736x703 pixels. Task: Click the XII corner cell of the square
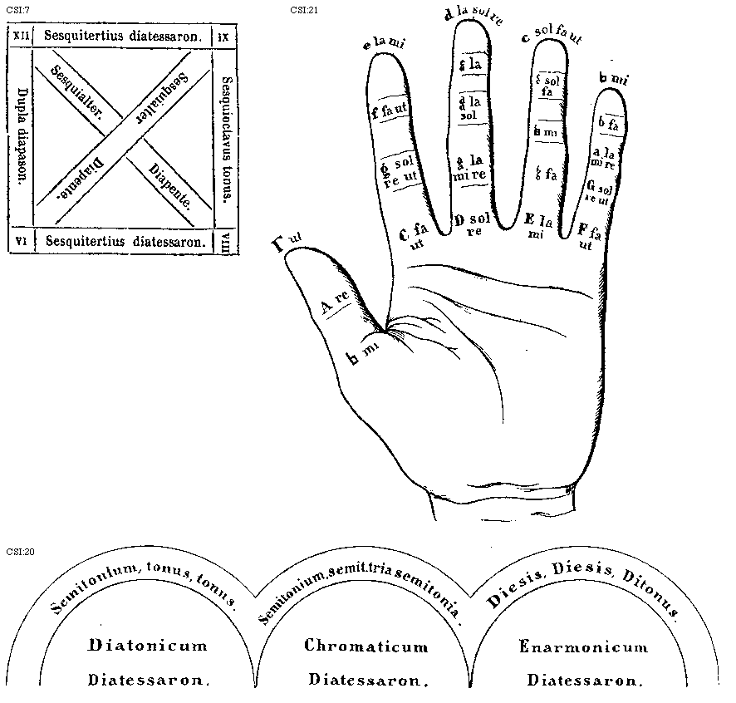pos(20,37)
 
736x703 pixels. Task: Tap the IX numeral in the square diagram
pos(224,37)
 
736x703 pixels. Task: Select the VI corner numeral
pos(20,241)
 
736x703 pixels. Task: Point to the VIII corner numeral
pos(224,241)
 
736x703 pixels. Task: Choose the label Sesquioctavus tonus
pos(227,138)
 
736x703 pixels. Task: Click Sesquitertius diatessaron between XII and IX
pos(123,37)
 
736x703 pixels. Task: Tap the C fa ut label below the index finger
pos(412,236)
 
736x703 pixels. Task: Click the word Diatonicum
pos(146,646)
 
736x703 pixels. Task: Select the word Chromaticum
pos(366,646)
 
